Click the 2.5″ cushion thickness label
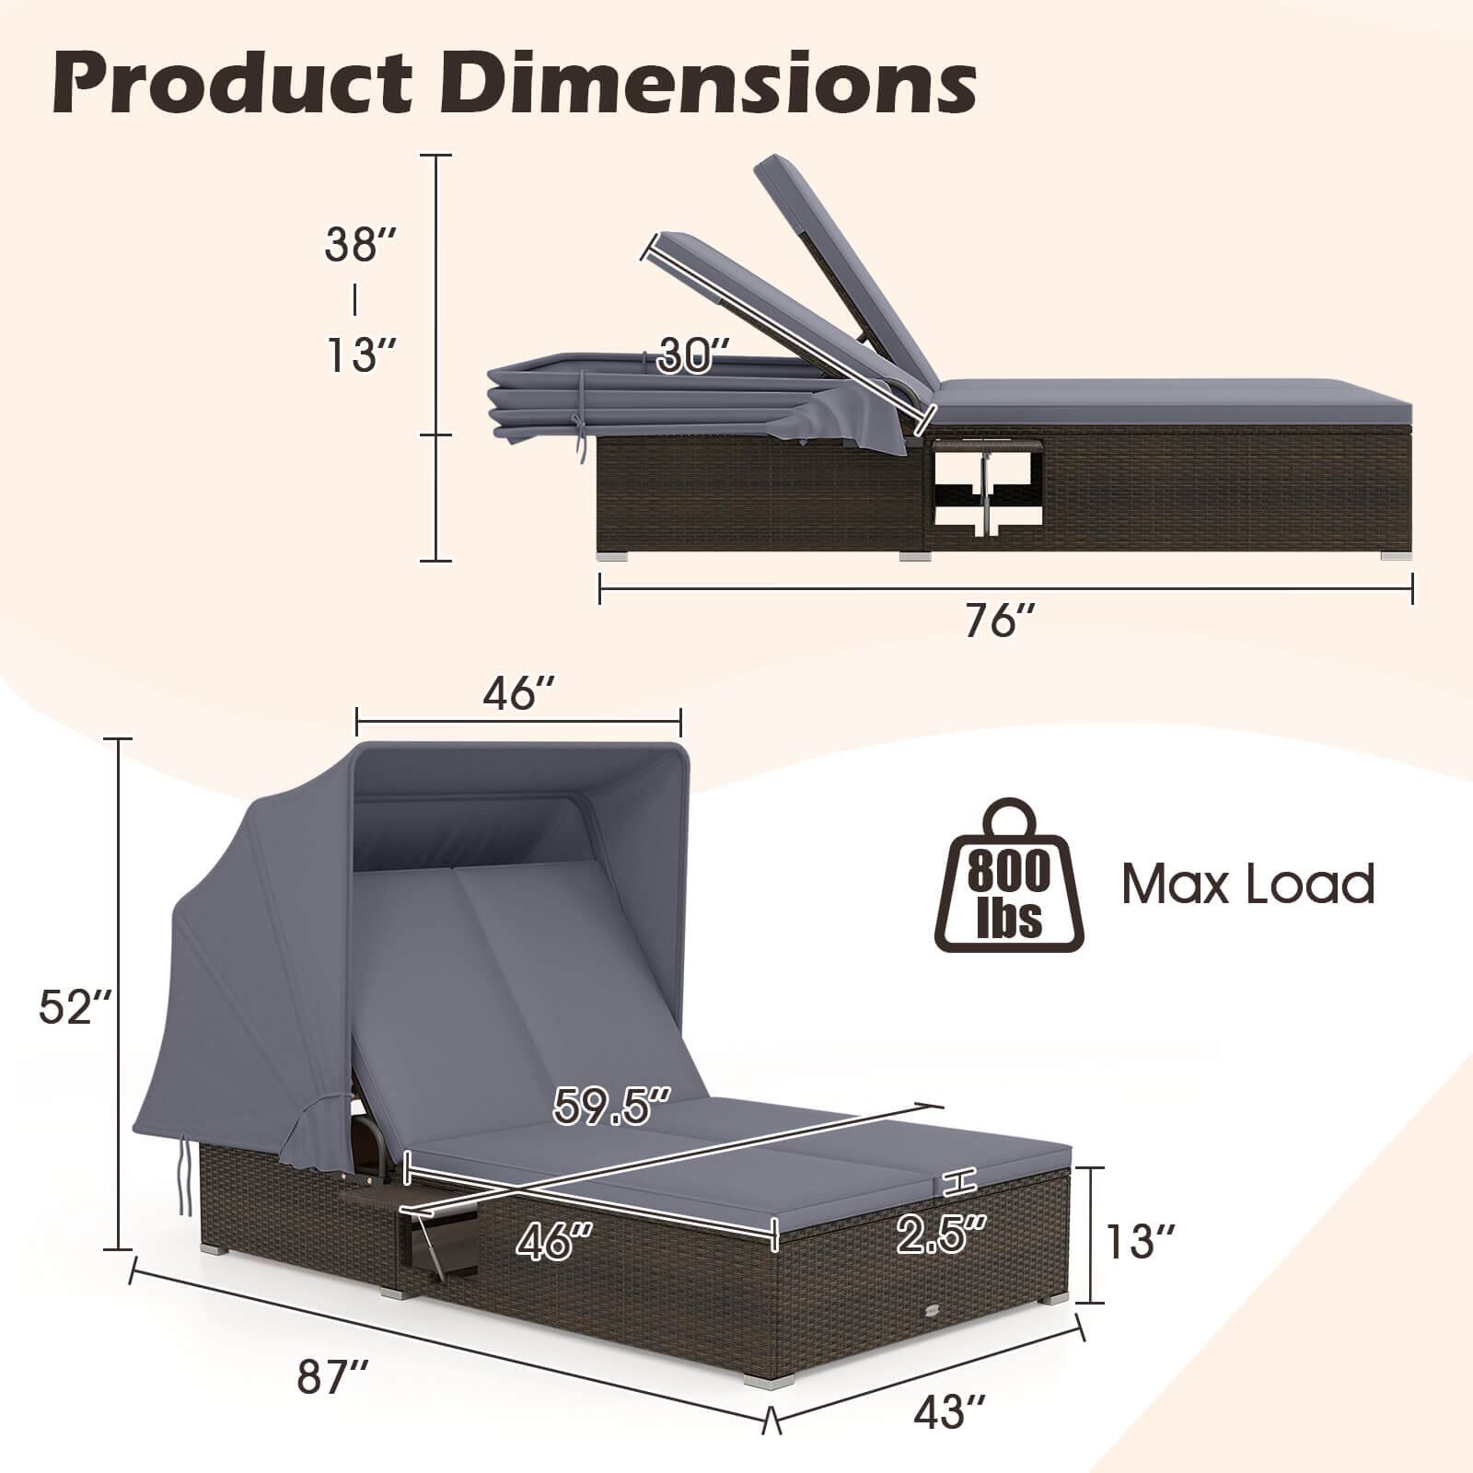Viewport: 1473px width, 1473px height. click(x=942, y=1234)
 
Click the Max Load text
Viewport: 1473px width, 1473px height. click(x=1247, y=884)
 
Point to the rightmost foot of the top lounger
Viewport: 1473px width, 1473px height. click(x=1395, y=555)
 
